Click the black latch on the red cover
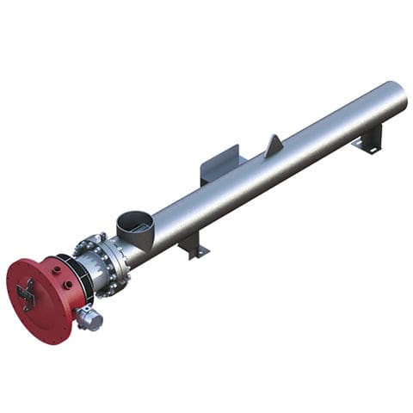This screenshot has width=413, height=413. coord(26,296)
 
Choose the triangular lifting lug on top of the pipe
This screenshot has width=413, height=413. coord(274,146)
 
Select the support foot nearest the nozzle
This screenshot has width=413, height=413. coord(194,245)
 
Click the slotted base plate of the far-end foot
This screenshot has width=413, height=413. coord(368,148)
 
